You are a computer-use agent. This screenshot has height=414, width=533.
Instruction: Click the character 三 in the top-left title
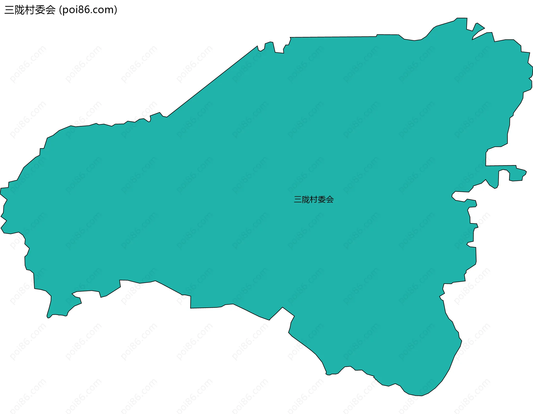(9, 10)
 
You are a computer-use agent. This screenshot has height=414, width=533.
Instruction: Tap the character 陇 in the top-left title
(19, 10)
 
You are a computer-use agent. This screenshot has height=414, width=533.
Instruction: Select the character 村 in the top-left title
(30, 10)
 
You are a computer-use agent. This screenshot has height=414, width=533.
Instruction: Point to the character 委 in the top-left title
(40, 10)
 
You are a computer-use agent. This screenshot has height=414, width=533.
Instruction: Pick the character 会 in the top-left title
(50, 10)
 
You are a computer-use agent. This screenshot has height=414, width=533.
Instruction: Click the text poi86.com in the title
(88, 10)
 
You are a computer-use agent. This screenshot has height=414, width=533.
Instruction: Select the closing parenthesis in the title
(116, 10)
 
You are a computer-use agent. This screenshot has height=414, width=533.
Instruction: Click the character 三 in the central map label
(298, 200)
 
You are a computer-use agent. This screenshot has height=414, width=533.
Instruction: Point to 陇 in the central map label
(306, 200)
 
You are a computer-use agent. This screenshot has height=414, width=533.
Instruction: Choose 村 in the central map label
(314, 200)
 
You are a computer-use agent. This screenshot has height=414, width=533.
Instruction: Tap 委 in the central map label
(322, 200)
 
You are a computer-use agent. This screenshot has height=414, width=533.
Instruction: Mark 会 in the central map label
(330, 200)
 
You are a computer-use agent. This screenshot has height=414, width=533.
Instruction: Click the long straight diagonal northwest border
(212, 81)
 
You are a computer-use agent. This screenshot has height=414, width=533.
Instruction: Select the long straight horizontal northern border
(333, 37)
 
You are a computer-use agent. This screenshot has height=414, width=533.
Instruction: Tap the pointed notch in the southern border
(283, 307)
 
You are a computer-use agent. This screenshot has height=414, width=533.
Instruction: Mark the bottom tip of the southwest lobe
(48, 317)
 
